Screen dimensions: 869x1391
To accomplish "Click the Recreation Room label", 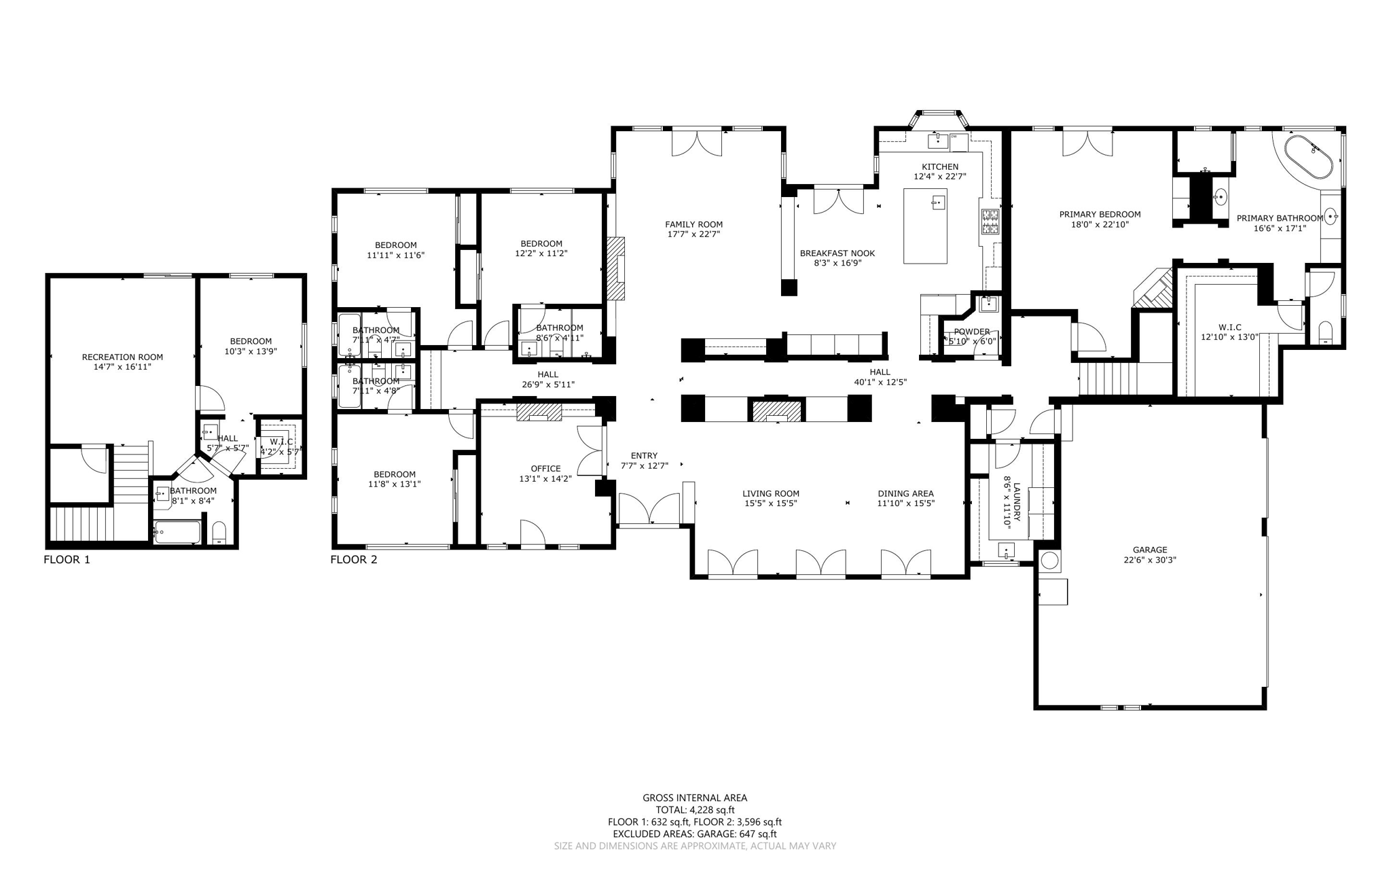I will click(x=122, y=357).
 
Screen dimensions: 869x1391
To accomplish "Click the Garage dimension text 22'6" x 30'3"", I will click(x=1149, y=561).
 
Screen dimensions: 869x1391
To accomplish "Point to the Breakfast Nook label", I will click(x=837, y=253).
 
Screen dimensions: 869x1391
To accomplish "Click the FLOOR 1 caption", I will click(x=67, y=560).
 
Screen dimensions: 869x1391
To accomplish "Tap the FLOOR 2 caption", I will click(x=353, y=560).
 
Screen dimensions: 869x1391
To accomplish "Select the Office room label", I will click(x=545, y=468).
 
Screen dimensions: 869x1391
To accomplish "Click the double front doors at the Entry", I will click(x=649, y=510).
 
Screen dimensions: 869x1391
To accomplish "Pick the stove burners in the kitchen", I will click(x=990, y=220).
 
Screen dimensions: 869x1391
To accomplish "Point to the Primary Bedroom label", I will click(x=1100, y=214).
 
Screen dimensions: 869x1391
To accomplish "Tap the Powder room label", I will click(x=971, y=332).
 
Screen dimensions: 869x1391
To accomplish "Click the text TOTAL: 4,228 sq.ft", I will click(x=695, y=810).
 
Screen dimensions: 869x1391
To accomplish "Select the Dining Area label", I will click(x=905, y=493).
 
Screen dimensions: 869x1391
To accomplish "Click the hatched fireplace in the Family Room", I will click(x=616, y=268).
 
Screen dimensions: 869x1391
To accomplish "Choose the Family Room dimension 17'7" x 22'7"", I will click(x=693, y=234).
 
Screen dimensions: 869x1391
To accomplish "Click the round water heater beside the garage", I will click(x=1049, y=561).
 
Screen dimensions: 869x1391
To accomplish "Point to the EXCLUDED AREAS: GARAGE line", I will click(x=695, y=834).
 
